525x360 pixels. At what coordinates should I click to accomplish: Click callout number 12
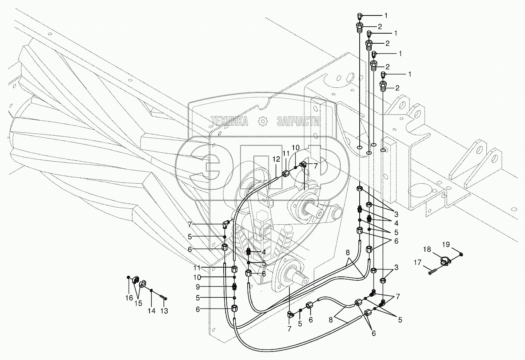(x=276, y=159)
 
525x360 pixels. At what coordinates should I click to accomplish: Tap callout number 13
(x=164, y=311)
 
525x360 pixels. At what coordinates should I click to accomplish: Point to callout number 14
(x=152, y=311)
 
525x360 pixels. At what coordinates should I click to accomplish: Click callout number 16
(x=129, y=298)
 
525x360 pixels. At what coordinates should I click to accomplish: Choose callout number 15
(x=138, y=304)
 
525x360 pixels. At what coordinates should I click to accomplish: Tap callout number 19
(x=446, y=244)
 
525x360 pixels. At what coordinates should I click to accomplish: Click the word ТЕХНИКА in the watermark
(x=229, y=122)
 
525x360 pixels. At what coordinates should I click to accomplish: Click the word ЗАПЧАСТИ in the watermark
(x=298, y=122)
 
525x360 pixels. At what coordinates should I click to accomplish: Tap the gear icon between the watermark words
(x=263, y=121)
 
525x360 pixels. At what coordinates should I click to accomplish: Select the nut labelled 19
(x=462, y=254)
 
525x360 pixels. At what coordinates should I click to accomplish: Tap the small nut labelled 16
(x=128, y=277)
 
